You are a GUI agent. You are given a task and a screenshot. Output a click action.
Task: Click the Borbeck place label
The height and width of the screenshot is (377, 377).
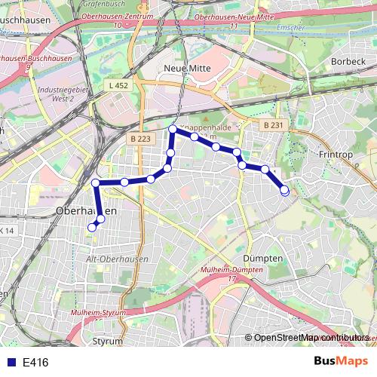pos(348,60)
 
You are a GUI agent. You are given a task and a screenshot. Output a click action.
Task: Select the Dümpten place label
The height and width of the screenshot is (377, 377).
pos(264,257)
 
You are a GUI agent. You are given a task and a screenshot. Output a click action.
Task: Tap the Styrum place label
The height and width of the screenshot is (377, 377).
pos(107,341)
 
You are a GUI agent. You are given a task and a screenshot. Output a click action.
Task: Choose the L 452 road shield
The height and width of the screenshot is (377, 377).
pos(118,87)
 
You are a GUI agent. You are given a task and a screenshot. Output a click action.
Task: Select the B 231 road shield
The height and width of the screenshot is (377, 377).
pos(273,124)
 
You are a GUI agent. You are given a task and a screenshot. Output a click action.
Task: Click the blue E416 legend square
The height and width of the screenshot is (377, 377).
pos(11,363)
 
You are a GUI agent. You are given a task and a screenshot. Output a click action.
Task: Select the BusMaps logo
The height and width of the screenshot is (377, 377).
pos(342,362)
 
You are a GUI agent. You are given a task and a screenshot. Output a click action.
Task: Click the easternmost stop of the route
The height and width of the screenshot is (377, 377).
pos(284,191)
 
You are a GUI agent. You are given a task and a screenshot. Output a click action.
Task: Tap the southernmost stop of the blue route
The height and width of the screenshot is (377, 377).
pos(92,227)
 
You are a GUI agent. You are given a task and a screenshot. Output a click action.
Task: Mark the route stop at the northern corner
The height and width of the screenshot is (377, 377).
pos(173,130)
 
